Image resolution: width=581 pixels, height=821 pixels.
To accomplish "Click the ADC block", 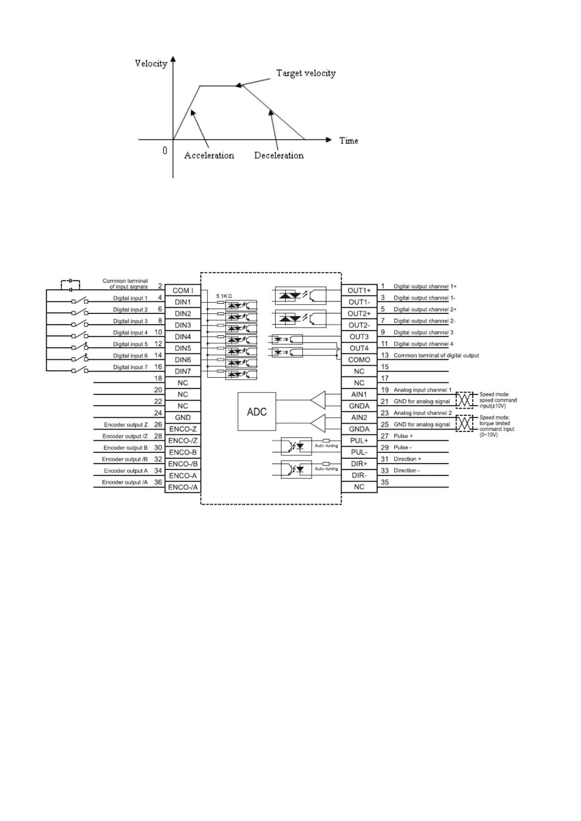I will (x=257, y=411).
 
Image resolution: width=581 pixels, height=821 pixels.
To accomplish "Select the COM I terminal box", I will (x=182, y=291).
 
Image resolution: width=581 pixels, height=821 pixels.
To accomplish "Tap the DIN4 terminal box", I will (x=182, y=337).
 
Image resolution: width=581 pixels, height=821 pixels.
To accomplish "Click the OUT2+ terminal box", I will (x=359, y=313).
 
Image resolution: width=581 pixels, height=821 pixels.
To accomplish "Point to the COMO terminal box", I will (x=359, y=360).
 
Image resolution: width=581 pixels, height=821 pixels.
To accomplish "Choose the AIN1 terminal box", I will (x=359, y=394).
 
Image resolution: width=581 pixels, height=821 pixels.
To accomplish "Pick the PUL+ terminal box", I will (x=359, y=441).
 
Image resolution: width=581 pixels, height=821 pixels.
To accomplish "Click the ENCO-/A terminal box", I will (x=182, y=487).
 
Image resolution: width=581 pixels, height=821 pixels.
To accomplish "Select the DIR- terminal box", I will (x=359, y=475).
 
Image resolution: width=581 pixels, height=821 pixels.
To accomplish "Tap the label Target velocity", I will (x=306, y=73).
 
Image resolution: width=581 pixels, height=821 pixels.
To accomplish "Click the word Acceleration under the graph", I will (x=209, y=156).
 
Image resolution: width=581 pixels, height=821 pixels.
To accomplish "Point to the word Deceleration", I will (x=279, y=156).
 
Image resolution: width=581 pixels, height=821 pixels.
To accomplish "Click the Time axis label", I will (x=349, y=141).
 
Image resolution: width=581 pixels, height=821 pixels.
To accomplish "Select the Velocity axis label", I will (x=151, y=63).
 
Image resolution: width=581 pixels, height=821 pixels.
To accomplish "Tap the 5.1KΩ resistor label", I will (x=224, y=296).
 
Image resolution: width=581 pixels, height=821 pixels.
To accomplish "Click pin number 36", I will (x=158, y=482).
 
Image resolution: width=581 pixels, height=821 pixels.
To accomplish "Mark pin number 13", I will (x=385, y=355).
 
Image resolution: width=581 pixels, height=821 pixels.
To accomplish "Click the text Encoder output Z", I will (x=125, y=425).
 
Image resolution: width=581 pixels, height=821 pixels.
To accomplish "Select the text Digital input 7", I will (x=130, y=367).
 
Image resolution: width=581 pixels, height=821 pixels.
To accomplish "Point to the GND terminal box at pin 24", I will (x=182, y=418).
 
